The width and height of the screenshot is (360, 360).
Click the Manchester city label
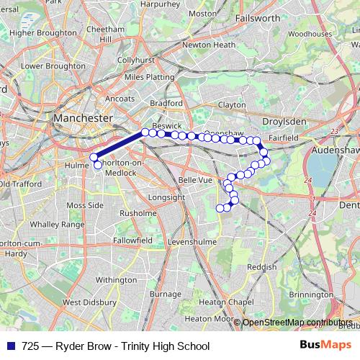coord(84,117)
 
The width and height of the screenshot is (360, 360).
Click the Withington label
coord(116,279)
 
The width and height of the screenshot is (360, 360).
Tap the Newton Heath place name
coord(209,45)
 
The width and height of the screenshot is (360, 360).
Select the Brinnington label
coord(310,294)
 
